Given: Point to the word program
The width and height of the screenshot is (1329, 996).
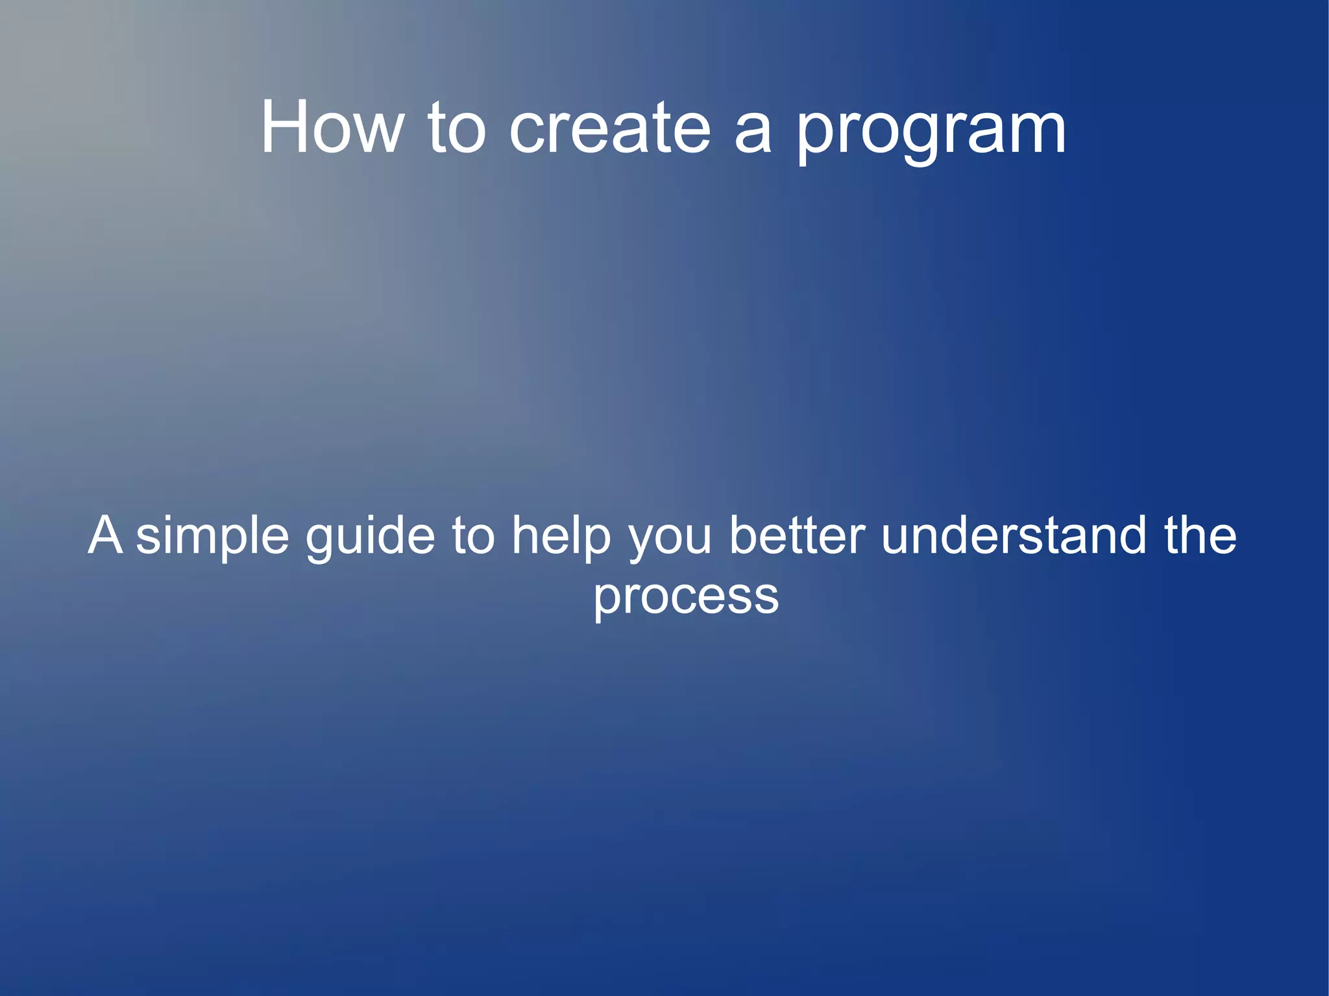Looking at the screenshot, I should tap(931, 133).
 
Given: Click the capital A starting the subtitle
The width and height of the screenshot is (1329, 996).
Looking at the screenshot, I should tap(105, 535).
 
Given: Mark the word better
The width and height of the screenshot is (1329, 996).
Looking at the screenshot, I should tap(797, 536).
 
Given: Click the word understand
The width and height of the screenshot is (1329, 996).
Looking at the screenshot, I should tap(1014, 536).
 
